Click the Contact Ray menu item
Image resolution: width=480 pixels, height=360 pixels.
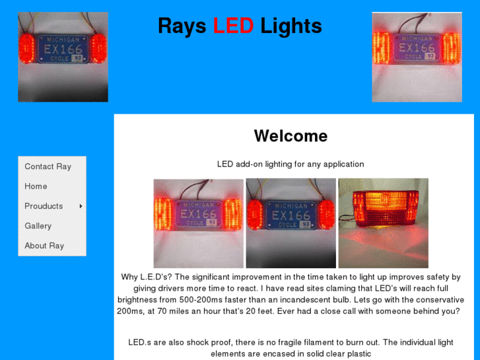[x=48, y=166]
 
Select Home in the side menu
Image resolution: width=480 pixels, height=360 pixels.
[x=36, y=186]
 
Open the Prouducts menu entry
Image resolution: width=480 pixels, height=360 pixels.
[x=44, y=206]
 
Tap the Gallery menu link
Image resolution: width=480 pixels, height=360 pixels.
[x=38, y=226]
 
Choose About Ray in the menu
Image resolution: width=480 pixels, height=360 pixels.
[x=44, y=246]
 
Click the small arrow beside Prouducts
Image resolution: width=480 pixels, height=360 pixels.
[x=81, y=206]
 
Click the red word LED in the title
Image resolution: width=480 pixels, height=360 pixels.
[x=233, y=26]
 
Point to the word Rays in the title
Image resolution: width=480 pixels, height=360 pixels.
[x=182, y=26]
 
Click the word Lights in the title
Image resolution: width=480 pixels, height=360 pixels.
[x=291, y=26]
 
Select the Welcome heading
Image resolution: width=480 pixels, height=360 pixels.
[x=291, y=136]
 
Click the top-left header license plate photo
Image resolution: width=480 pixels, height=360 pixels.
[x=63, y=57]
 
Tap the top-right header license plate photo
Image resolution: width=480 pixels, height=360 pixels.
[x=417, y=57]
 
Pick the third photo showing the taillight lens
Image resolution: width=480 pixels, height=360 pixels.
[x=383, y=223]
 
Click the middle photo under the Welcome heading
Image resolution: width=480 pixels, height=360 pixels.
[x=291, y=223]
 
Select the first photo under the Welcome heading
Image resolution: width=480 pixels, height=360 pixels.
[x=199, y=223]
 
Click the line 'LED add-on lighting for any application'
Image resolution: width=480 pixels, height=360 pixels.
[x=291, y=164]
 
